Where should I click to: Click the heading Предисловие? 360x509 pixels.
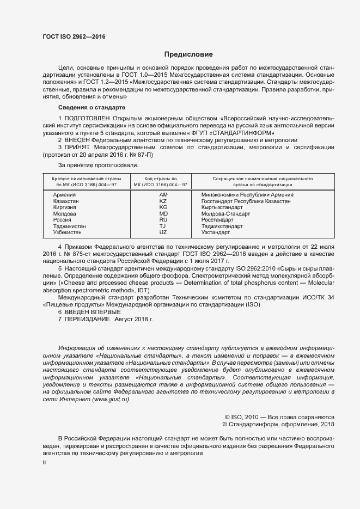(189, 54)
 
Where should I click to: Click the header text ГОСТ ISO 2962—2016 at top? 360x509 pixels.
(74, 36)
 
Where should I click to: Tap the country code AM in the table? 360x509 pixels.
(163, 194)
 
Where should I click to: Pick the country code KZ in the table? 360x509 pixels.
(163, 201)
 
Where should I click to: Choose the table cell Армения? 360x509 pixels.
(64, 194)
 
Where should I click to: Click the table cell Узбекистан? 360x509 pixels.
(68, 232)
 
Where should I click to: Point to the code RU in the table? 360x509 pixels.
(163, 219)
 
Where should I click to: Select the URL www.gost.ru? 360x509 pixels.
(111, 399)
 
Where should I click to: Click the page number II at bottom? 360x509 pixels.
(44, 462)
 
